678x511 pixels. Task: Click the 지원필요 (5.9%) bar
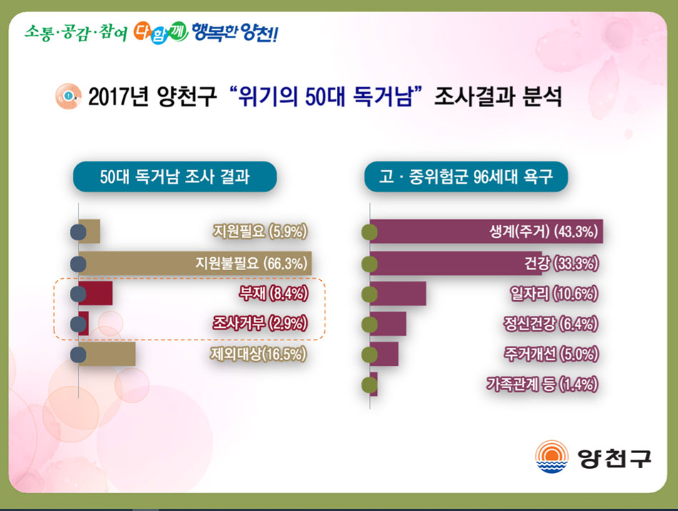click(89, 232)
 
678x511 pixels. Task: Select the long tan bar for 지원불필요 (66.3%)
click(195, 263)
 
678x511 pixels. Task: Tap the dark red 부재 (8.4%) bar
click(96, 293)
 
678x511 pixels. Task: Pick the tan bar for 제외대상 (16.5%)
click(107, 354)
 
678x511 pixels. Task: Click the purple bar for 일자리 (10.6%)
click(398, 293)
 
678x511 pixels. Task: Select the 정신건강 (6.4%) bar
click(388, 324)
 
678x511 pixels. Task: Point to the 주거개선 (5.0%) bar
click(384, 354)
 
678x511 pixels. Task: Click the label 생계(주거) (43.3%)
click(544, 232)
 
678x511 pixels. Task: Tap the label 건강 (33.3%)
click(561, 263)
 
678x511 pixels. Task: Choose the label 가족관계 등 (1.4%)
click(542, 384)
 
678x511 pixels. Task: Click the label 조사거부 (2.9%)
click(260, 323)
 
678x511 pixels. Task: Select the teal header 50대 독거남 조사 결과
click(175, 177)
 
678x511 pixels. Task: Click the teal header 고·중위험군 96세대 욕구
click(466, 177)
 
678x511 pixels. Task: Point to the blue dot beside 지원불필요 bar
click(79, 264)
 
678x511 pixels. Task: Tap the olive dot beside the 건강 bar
click(370, 264)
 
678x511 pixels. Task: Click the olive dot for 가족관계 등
click(370, 385)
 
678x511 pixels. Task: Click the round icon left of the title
click(69, 96)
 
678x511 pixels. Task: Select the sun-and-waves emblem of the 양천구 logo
click(552, 457)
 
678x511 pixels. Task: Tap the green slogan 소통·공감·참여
click(76, 32)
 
